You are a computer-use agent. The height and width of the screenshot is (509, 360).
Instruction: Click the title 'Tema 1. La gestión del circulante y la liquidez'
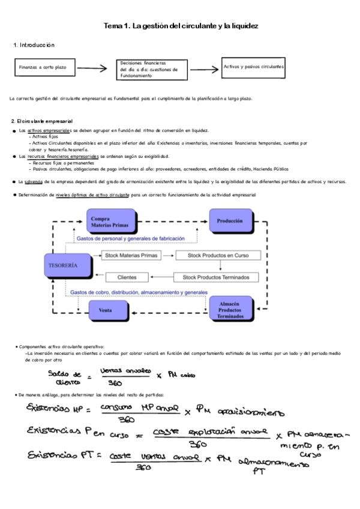click(x=181, y=27)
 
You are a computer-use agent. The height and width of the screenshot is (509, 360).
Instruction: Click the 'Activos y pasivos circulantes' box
click(x=253, y=67)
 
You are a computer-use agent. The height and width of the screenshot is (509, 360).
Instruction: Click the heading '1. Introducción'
click(x=34, y=46)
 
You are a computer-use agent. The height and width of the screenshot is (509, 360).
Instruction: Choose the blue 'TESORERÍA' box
click(x=62, y=265)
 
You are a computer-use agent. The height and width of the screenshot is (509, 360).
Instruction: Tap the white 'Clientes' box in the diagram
click(x=127, y=277)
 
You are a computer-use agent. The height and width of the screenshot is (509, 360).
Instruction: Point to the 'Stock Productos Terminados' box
click(x=216, y=277)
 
